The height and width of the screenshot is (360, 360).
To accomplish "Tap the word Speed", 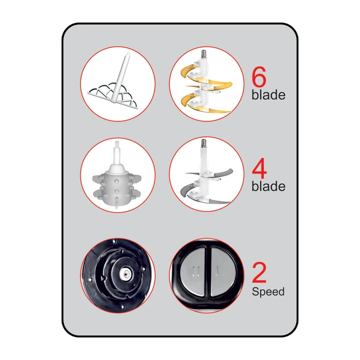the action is (268, 292).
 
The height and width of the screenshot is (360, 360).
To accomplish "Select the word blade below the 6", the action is (268, 95).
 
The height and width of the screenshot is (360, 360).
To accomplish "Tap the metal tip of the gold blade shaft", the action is (204, 54).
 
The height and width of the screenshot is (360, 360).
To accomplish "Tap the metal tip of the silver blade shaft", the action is (204, 143).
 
